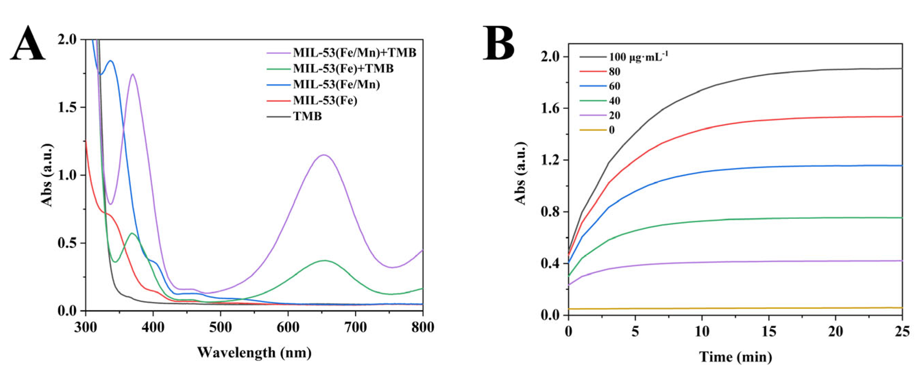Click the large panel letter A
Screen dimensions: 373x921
[x=28, y=45]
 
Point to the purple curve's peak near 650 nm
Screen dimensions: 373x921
[x=324, y=155]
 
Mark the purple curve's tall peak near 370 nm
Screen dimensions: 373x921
[x=133, y=74]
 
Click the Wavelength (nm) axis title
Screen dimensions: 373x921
[x=254, y=353]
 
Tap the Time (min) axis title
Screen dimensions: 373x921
[x=735, y=357]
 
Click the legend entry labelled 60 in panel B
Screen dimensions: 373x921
[x=614, y=86]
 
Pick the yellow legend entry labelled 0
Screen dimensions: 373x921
[x=611, y=130]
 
